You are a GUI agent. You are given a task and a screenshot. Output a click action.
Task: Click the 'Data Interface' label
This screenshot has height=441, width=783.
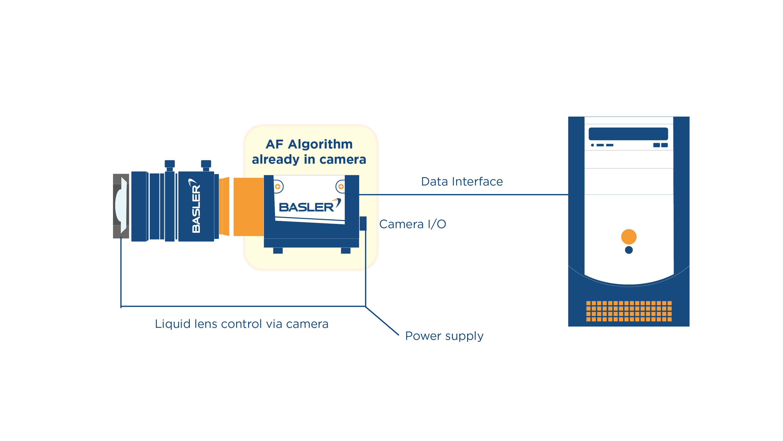462,182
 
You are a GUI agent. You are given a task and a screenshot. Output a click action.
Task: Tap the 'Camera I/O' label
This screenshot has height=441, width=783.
413,224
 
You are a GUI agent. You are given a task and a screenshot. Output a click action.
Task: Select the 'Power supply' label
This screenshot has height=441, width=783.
444,336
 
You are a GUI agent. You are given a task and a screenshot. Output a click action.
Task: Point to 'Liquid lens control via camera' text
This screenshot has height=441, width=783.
242,324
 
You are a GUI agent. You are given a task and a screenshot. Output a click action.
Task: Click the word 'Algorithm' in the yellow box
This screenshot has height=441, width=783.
320,144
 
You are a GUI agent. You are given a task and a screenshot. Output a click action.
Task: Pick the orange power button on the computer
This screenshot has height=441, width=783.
629,237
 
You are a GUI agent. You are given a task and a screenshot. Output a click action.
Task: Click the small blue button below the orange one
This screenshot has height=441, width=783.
629,250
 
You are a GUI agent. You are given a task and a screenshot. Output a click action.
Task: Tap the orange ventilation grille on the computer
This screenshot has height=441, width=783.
629,311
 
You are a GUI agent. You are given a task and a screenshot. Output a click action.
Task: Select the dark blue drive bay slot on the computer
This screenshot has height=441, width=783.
628,134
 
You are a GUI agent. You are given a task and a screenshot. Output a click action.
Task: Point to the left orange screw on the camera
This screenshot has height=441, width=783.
277,186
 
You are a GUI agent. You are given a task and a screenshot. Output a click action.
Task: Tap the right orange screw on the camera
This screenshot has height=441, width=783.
341,186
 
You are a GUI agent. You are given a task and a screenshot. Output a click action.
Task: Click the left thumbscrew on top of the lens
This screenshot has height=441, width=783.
170,164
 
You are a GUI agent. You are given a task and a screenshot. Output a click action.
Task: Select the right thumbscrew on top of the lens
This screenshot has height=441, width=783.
206,164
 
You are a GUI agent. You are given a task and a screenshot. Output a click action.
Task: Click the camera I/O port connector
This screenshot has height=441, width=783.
363,223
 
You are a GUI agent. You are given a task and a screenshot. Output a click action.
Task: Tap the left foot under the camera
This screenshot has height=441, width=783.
278,250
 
